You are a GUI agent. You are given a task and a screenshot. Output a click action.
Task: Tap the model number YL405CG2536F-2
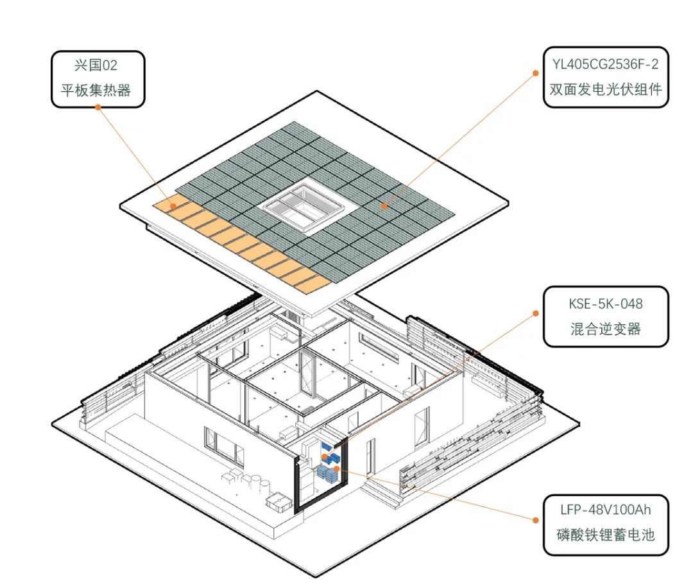tap(605, 64)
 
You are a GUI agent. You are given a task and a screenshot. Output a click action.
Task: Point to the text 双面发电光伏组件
tap(605, 89)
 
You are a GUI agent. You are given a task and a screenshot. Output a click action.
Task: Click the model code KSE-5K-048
tap(605, 304)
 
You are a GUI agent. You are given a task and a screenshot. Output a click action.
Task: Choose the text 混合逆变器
tap(605, 329)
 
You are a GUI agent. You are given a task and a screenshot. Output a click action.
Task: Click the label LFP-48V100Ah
tap(605, 510)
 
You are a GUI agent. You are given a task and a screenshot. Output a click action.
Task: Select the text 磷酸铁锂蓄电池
tap(605, 535)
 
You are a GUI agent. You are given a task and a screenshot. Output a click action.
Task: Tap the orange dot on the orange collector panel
tap(173, 205)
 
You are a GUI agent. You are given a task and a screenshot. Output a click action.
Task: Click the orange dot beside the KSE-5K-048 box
tap(536, 313)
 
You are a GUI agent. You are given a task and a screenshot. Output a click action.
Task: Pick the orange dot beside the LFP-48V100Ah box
tap(536, 519)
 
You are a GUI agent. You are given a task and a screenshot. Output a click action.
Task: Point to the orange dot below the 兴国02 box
tap(98, 107)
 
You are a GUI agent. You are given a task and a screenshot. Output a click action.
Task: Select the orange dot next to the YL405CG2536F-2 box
tap(536, 73)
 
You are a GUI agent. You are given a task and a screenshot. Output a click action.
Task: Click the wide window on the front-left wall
tap(223, 446)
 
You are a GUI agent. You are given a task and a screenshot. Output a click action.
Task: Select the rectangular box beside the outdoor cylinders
tap(278, 503)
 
